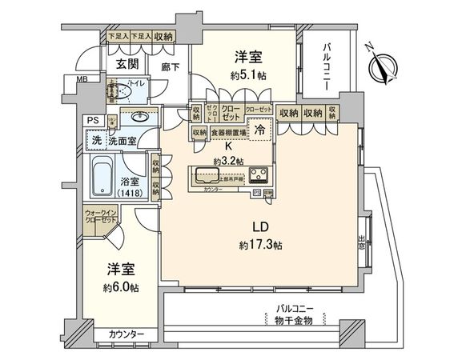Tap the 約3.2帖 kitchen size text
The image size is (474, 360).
point(228,161)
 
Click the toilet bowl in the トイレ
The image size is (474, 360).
point(118,94)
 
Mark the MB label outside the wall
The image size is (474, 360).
point(82,80)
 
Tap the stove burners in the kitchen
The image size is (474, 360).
point(261,175)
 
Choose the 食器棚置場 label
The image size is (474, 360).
point(228,133)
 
